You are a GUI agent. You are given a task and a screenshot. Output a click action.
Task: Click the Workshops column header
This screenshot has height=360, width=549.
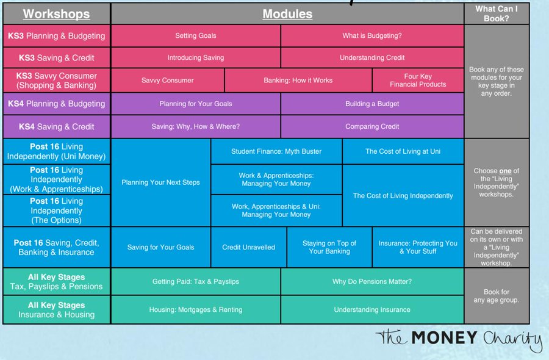coord(57,14)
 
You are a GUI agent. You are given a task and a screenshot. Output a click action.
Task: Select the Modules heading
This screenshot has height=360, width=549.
coord(287,14)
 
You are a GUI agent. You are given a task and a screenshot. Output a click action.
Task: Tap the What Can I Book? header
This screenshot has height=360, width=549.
coord(496,13)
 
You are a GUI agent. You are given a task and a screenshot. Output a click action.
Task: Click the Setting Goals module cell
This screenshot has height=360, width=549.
coord(196,36)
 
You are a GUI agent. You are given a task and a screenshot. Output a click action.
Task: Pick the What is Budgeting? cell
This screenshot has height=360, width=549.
coord(372,36)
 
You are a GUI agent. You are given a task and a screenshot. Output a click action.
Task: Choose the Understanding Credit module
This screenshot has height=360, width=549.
coord(372,58)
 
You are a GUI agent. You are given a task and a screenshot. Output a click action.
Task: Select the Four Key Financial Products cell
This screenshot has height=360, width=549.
coord(418,81)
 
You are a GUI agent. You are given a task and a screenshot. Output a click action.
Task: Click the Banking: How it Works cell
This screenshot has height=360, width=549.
coord(298,81)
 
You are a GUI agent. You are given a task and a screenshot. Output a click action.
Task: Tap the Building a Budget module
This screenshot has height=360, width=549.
coord(372,104)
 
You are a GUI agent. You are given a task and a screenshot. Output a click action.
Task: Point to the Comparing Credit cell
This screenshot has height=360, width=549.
coord(372,127)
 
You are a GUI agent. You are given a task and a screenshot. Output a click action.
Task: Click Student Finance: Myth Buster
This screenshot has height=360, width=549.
coord(276,151)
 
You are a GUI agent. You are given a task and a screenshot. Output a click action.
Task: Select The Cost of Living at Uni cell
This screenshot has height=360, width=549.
coord(403,151)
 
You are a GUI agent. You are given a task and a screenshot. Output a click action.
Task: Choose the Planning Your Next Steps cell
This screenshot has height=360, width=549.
coord(161,182)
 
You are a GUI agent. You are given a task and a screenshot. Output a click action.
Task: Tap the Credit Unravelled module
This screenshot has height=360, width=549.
coord(248,247)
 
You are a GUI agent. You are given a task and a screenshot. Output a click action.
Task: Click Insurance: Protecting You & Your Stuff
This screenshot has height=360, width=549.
coord(418,247)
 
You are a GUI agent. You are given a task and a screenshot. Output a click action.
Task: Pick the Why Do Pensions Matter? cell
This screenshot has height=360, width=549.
coord(372,281)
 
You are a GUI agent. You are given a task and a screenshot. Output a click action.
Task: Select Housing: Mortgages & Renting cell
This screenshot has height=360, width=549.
coord(196,310)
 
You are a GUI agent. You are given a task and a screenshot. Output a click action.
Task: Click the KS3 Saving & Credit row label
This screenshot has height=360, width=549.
coord(57,58)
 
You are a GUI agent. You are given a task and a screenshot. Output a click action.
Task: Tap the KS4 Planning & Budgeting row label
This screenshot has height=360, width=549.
coord(57,104)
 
